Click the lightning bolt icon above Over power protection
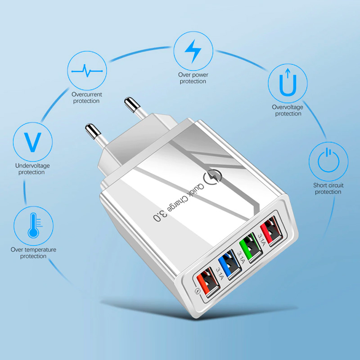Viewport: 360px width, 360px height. click(193, 51)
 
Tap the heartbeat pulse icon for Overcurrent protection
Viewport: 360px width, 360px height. click(87, 71)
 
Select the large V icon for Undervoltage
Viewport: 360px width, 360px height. click(33, 142)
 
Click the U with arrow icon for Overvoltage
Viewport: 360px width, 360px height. click(288, 82)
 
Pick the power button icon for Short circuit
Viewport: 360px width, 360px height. click(328, 160)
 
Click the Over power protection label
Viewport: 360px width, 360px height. click(193, 78)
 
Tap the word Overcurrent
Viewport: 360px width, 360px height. click(87, 94)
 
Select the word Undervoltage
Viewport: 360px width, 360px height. click(32, 166)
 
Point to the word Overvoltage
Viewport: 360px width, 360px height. click(288, 107)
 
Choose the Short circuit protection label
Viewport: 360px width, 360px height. click(328, 189)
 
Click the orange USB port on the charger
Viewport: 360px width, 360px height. click(208, 282)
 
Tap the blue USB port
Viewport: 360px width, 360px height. click(230, 265)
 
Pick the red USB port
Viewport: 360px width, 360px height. click(271, 232)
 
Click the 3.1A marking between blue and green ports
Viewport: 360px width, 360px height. click(241, 257)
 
